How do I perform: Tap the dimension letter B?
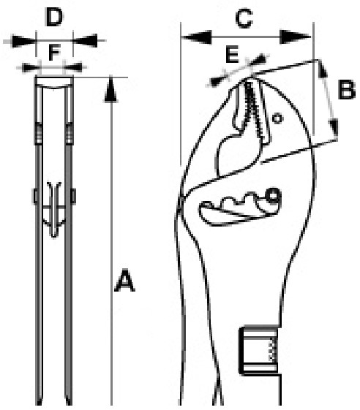(347, 90)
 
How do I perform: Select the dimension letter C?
(244, 18)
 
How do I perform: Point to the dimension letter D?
(54, 17)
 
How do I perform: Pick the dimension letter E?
(232, 54)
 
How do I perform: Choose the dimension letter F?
(55, 53)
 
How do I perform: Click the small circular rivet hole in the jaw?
(277, 118)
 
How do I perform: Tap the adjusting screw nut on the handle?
(259, 350)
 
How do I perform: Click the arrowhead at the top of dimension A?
(111, 88)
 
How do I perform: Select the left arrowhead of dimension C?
(196, 37)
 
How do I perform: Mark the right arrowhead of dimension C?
(296, 37)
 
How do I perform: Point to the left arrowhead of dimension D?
(23, 41)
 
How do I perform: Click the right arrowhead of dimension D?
(85, 40)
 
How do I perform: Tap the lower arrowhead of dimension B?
(334, 128)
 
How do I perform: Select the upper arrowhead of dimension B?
(322, 69)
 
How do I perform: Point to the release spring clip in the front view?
(54, 209)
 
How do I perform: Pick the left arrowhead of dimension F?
(31, 67)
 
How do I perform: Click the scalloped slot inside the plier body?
(239, 208)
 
